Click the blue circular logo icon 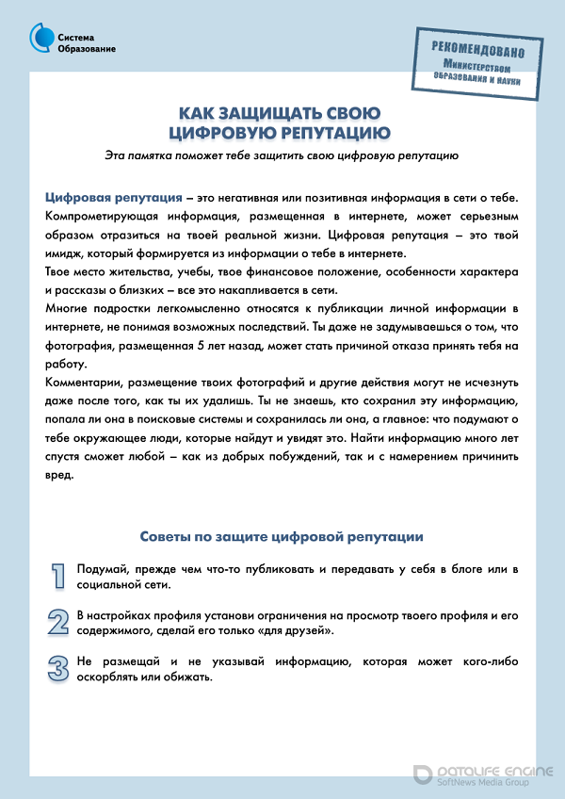click(41, 38)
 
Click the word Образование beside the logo click(87, 49)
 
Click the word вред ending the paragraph click(59, 474)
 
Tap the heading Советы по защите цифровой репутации click(282, 536)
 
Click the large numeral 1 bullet click(59, 576)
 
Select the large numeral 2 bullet click(59, 621)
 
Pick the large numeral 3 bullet click(59, 667)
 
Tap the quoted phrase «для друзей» click(298, 629)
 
